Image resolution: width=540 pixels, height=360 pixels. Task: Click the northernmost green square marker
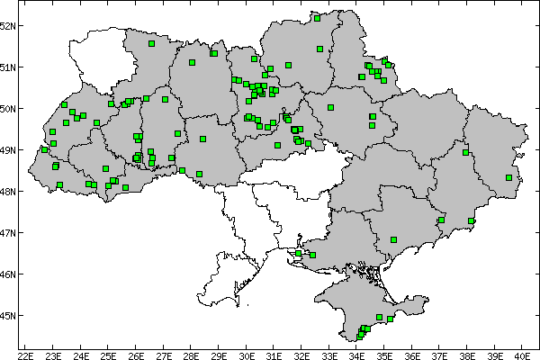point(317,17)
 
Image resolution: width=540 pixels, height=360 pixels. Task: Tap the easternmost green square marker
point(508,177)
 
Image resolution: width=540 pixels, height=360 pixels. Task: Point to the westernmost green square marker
point(44,149)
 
